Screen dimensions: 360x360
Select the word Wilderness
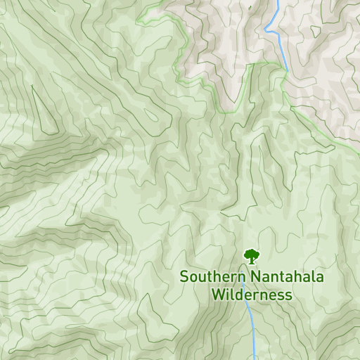coord(252,295)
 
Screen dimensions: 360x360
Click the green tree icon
coord(251,256)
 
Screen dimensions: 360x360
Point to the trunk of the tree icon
coord(251,261)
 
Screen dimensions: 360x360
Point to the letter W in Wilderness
coord(218,295)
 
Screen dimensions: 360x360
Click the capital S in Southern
coord(184,277)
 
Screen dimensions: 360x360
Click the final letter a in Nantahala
coord(320,278)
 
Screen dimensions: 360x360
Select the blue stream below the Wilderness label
coord(252,330)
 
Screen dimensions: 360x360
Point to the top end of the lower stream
coord(245,304)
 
